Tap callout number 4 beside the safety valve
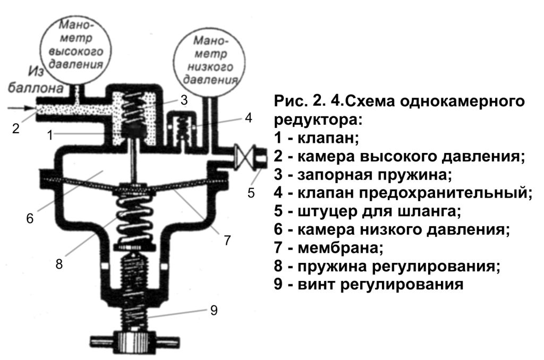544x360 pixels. tap(249, 117)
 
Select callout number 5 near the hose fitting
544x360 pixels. tap(251, 192)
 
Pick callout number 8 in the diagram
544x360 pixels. tap(59, 263)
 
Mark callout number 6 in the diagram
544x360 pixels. tap(30, 218)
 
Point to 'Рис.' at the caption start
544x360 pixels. tap(289, 101)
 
